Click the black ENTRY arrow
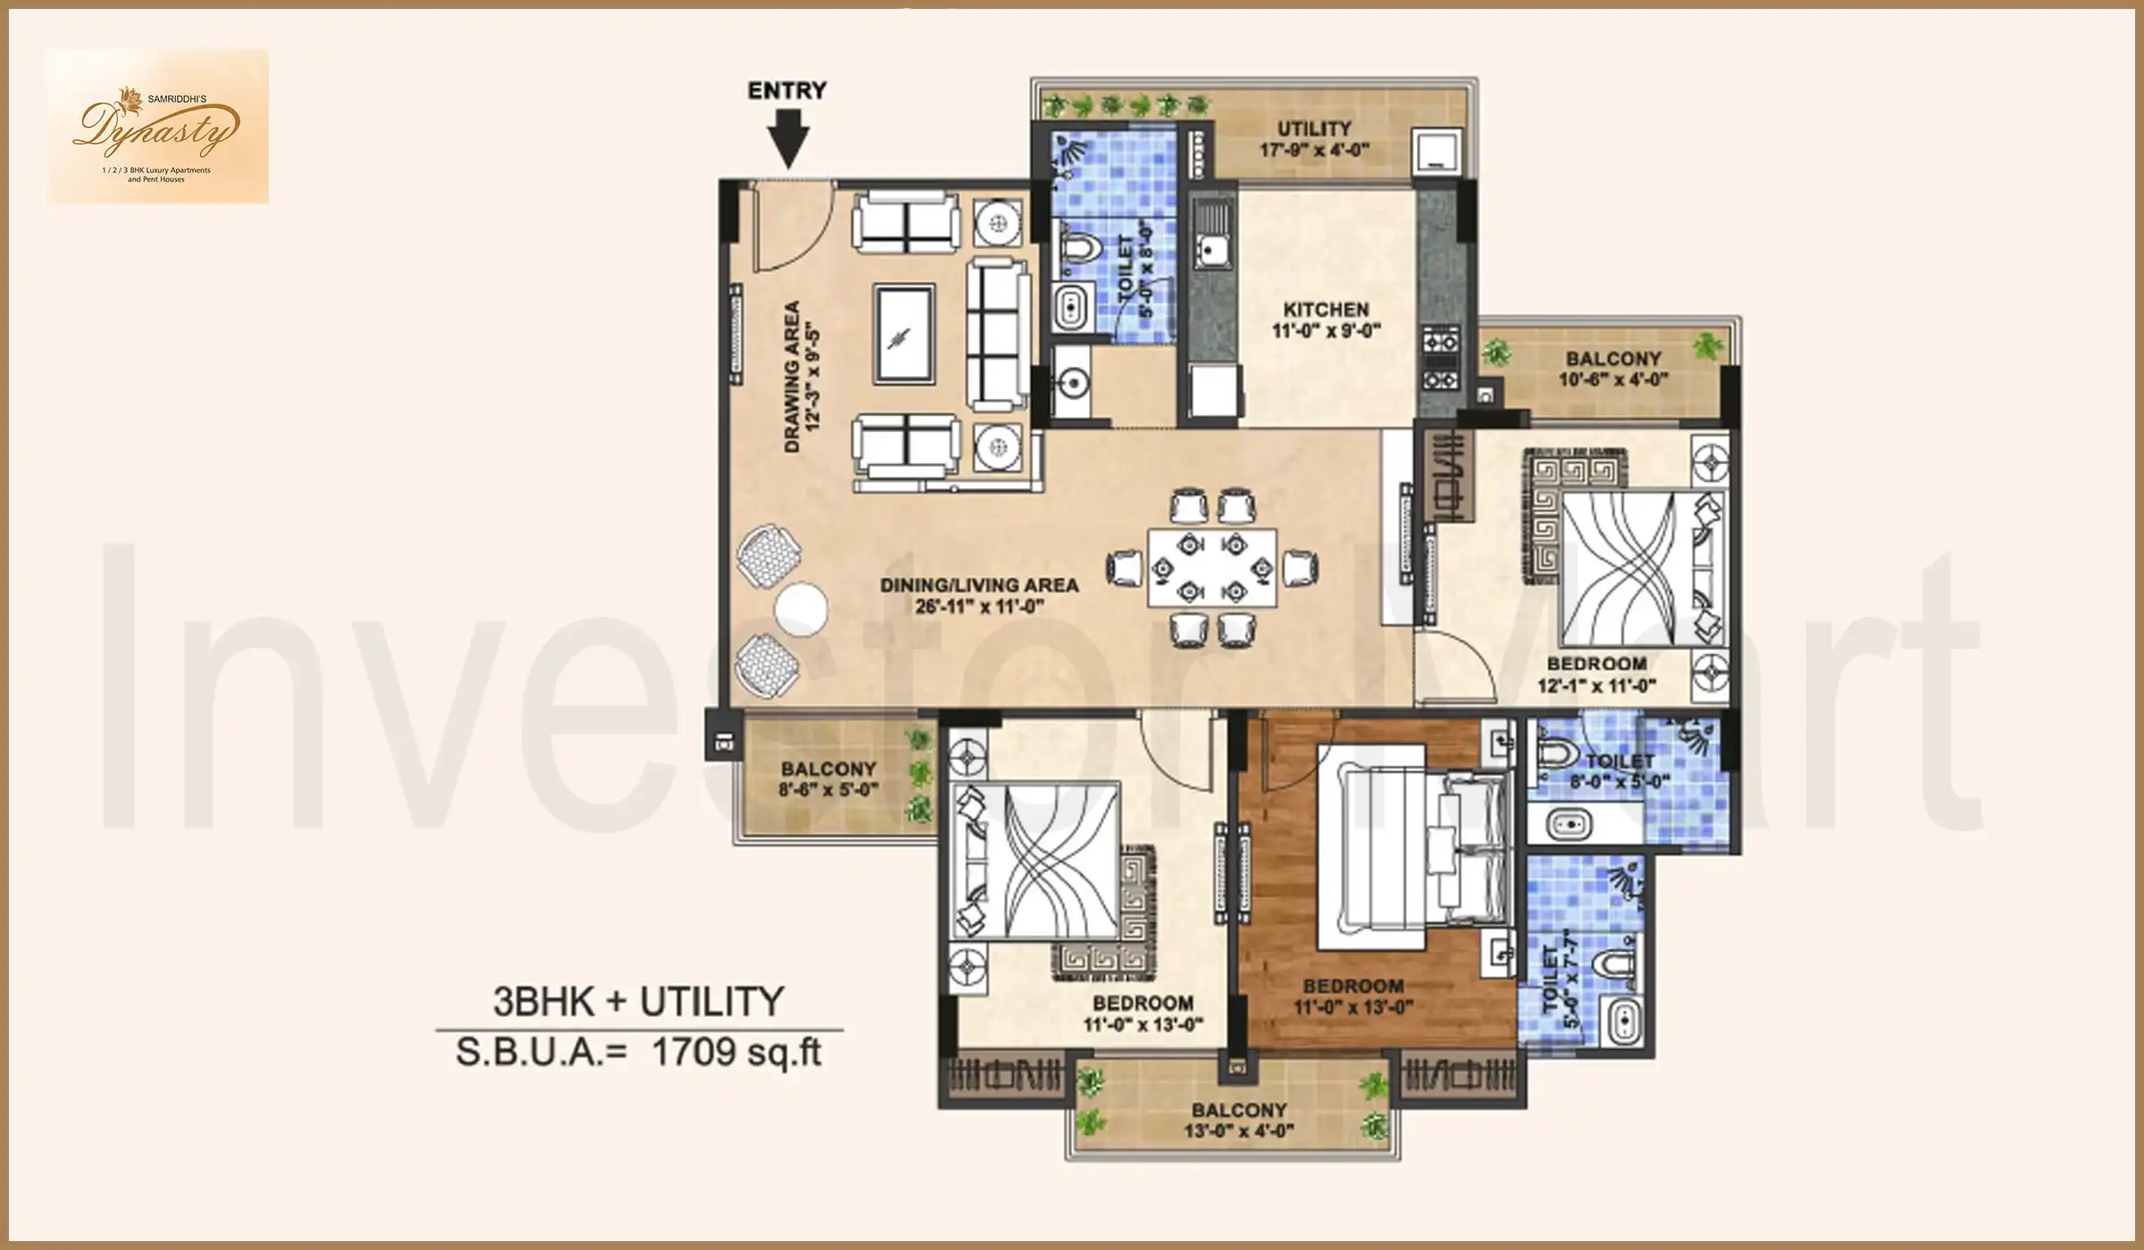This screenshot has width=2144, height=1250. coord(787,138)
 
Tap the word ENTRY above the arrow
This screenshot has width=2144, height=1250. coord(787,90)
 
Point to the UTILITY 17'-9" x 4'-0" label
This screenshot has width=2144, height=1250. coord(1313,139)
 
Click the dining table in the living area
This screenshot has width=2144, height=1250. coord(1212,569)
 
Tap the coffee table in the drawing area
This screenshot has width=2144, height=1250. coord(905,334)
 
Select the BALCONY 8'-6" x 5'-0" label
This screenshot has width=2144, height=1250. coord(828,779)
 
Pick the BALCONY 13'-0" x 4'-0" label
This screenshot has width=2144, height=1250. coord(1239,1121)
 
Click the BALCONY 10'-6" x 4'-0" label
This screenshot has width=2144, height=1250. coord(1612,369)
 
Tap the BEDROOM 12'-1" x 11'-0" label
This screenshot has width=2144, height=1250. coord(1596,674)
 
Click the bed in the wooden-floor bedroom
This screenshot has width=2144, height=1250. coord(1411,848)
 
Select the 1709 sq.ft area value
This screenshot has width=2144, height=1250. coord(736,1053)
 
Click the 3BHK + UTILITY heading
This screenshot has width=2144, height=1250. coord(638,1002)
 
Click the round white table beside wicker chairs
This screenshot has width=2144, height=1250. coord(800,610)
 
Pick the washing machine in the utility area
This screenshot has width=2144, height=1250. coord(1437,152)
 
